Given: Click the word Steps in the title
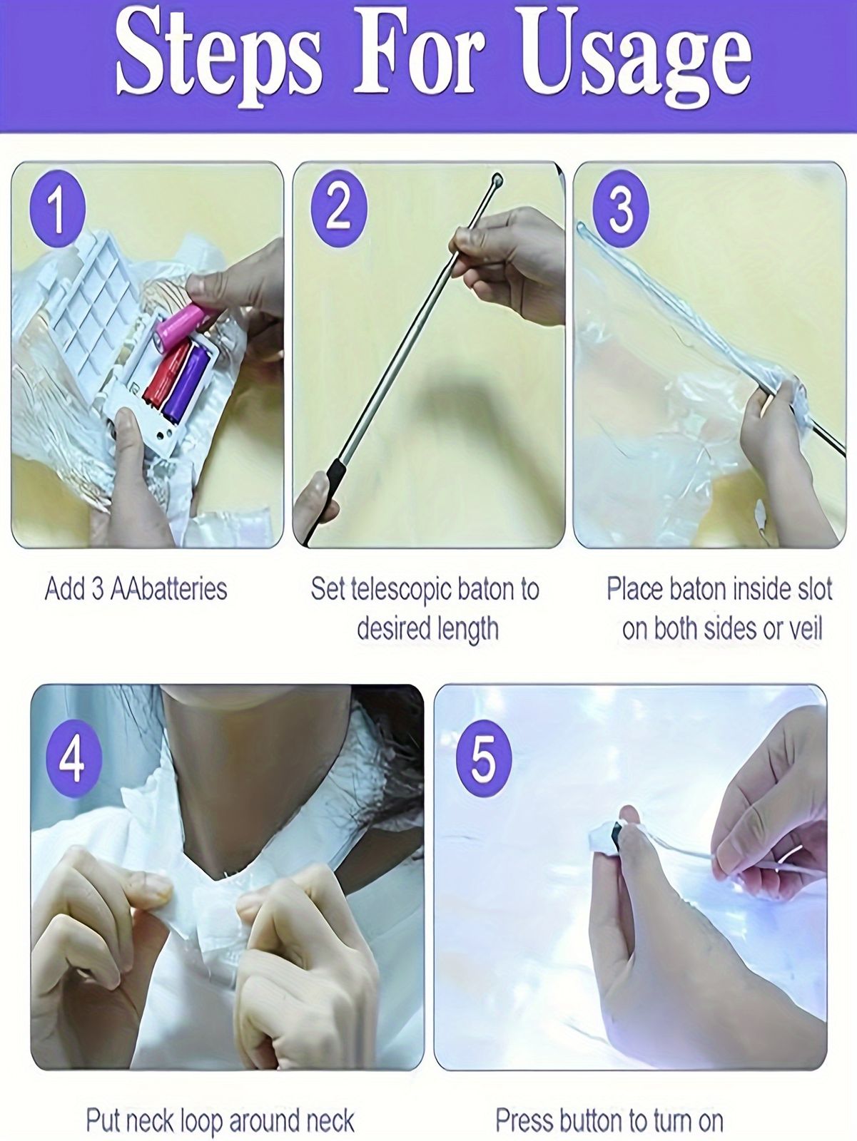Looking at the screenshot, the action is pos(218,62).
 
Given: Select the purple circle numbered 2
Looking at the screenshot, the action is pos(338,209).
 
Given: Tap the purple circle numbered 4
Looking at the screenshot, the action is pos(73,759).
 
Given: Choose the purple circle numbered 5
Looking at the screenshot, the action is pos(484,759).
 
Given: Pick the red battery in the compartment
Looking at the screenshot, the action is pos(166,373).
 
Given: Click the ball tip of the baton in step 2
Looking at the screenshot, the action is pos(497,181).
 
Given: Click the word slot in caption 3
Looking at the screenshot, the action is pos(814,589).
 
